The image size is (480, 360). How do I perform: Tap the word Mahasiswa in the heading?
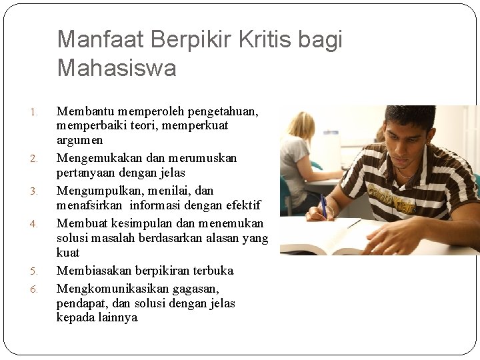117,68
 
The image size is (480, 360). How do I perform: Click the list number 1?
35,111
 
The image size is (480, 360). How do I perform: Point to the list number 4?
35,224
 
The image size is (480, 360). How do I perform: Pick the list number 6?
35,289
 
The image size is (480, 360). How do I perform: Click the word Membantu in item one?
83,111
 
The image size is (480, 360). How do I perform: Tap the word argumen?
79,140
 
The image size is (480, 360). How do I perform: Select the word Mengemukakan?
99,158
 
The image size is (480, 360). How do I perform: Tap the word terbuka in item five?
213,271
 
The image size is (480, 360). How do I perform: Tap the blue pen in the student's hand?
323,203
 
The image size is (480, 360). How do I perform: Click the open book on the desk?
333,240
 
